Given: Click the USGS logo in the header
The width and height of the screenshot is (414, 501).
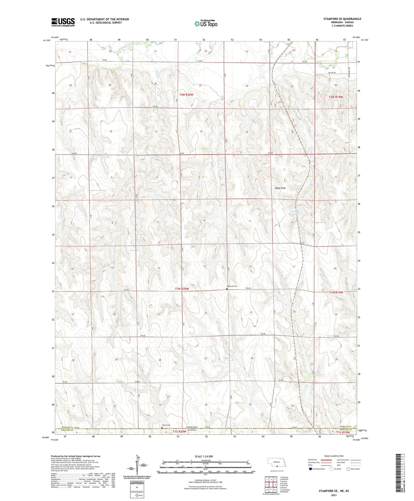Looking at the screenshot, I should [63, 22].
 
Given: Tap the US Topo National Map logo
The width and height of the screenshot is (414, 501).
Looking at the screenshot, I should [206, 24].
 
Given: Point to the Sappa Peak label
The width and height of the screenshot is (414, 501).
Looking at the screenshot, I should [280, 188].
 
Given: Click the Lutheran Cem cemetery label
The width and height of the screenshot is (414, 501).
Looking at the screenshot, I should [232, 286].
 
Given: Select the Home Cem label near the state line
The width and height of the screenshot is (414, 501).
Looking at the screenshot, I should [166, 425].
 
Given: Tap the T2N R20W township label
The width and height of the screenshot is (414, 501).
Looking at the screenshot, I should [186, 95].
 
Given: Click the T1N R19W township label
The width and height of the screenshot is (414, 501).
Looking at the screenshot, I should [336, 292].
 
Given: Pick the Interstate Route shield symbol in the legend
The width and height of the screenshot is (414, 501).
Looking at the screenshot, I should [310, 469].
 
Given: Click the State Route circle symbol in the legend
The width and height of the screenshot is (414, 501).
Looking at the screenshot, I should [348, 469].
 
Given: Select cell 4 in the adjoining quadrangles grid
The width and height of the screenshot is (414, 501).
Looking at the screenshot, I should [267, 484].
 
